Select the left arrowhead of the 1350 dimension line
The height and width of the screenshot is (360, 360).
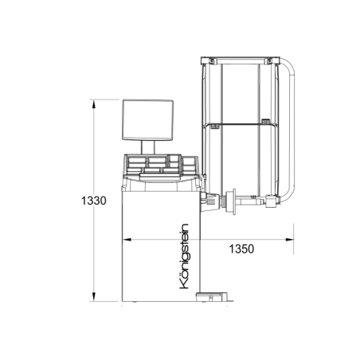[124, 238]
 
